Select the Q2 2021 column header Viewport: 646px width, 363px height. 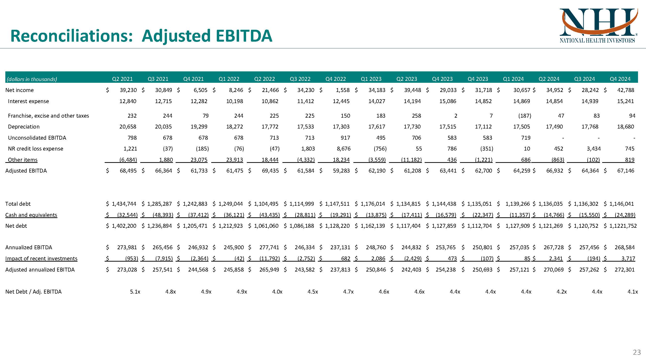(x=122, y=79)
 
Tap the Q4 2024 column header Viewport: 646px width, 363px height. (x=620, y=79)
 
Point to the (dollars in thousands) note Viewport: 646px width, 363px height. (x=32, y=79)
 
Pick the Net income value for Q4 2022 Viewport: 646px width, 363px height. (x=342, y=90)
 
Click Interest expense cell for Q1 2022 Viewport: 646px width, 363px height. (x=234, y=101)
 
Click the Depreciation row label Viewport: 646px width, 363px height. (x=23, y=127)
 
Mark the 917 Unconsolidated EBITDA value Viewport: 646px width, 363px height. (x=345, y=138)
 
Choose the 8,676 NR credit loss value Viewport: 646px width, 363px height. (x=343, y=149)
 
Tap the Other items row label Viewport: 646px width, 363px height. (x=23, y=160)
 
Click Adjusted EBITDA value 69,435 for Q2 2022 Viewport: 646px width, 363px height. (x=270, y=171)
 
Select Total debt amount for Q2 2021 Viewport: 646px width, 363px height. (x=124, y=204)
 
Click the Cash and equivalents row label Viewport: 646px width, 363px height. (x=31, y=215)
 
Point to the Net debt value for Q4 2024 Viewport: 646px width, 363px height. (x=623, y=226)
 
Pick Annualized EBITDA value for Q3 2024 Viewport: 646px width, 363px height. (x=590, y=248)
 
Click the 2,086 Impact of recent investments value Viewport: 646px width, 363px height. (x=378, y=258)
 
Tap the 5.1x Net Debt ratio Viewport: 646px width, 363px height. (x=135, y=292)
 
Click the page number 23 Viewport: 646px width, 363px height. (x=637, y=352)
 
